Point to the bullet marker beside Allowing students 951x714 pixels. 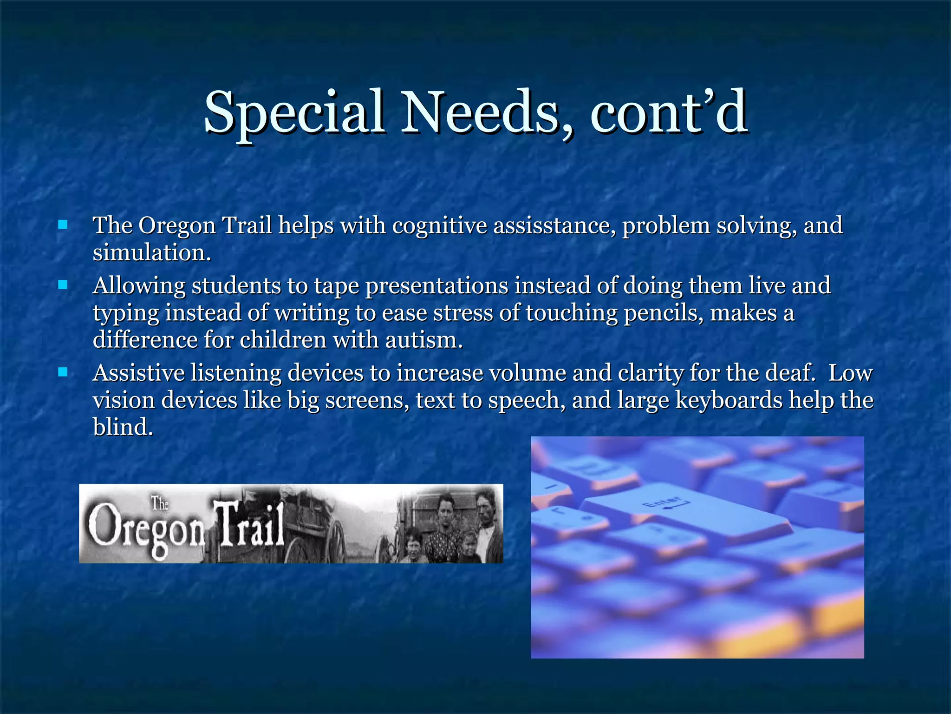(x=63, y=285)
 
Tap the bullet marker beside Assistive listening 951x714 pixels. (x=63, y=372)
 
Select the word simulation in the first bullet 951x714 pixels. (x=151, y=253)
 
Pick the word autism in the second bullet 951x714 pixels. (x=423, y=340)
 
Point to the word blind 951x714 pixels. (x=123, y=427)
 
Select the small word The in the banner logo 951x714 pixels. (x=160, y=503)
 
